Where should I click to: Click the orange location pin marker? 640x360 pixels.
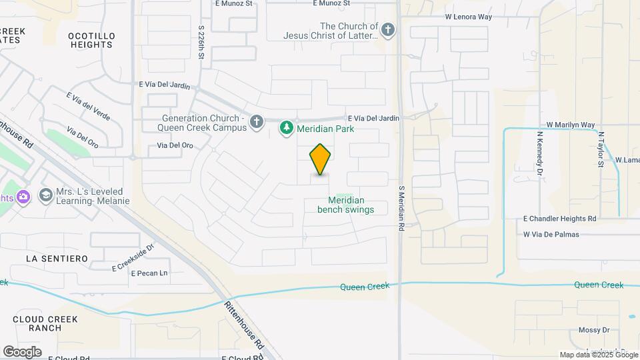[x=321, y=159]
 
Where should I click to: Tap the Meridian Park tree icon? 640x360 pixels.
[x=287, y=127]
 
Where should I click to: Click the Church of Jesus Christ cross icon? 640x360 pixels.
[x=388, y=29]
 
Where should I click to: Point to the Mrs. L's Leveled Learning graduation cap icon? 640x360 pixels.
[x=45, y=195]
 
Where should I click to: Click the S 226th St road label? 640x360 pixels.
[x=201, y=41]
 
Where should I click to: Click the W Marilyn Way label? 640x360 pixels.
[x=570, y=125]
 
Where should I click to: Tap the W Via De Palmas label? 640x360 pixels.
[x=551, y=234]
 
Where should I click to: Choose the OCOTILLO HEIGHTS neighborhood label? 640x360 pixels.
[x=91, y=40]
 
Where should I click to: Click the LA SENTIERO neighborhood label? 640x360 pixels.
[x=57, y=258]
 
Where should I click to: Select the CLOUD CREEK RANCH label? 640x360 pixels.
[x=45, y=323]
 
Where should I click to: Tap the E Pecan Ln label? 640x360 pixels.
[x=149, y=273]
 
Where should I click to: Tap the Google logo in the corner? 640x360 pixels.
[x=22, y=351]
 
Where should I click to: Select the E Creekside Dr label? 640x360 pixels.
[x=134, y=259]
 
